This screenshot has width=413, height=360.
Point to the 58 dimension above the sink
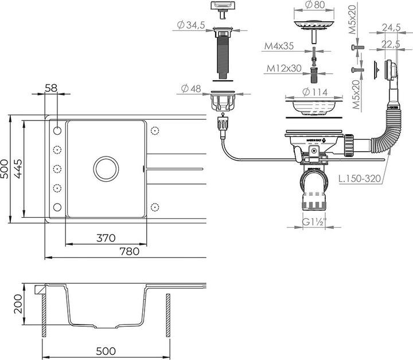point(50,88)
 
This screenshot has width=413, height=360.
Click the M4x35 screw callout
point(279,45)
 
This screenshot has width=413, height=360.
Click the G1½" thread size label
point(314,220)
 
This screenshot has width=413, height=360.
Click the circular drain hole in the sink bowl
point(106,168)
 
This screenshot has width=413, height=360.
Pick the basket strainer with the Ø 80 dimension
point(313,28)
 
